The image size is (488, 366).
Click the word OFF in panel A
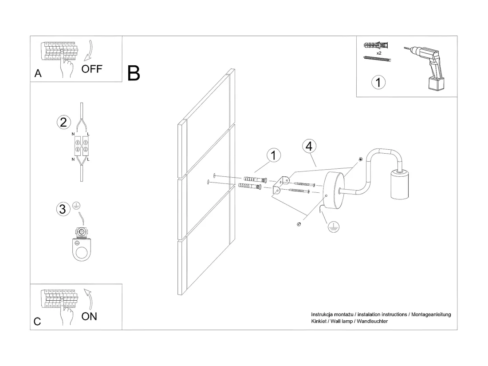[92, 69]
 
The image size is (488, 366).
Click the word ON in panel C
[89, 316]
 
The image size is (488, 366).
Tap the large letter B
[134, 74]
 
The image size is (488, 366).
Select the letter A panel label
[38, 73]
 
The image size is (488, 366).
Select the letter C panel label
[37, 322]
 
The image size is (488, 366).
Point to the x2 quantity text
[379, 53]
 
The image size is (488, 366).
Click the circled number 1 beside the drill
[378, 82]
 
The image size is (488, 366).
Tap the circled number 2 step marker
[63, 122]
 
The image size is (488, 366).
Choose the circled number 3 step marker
[63, 209]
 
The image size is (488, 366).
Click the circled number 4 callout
[309, 146]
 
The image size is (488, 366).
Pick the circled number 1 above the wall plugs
[274, 155]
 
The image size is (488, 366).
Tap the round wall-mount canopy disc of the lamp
[334, 191]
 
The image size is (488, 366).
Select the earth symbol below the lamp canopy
[333, 227]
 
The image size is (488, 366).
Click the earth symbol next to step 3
[76, 206]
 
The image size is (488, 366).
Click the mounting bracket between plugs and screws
[281, 185]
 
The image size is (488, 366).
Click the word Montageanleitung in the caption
[431, 314]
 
